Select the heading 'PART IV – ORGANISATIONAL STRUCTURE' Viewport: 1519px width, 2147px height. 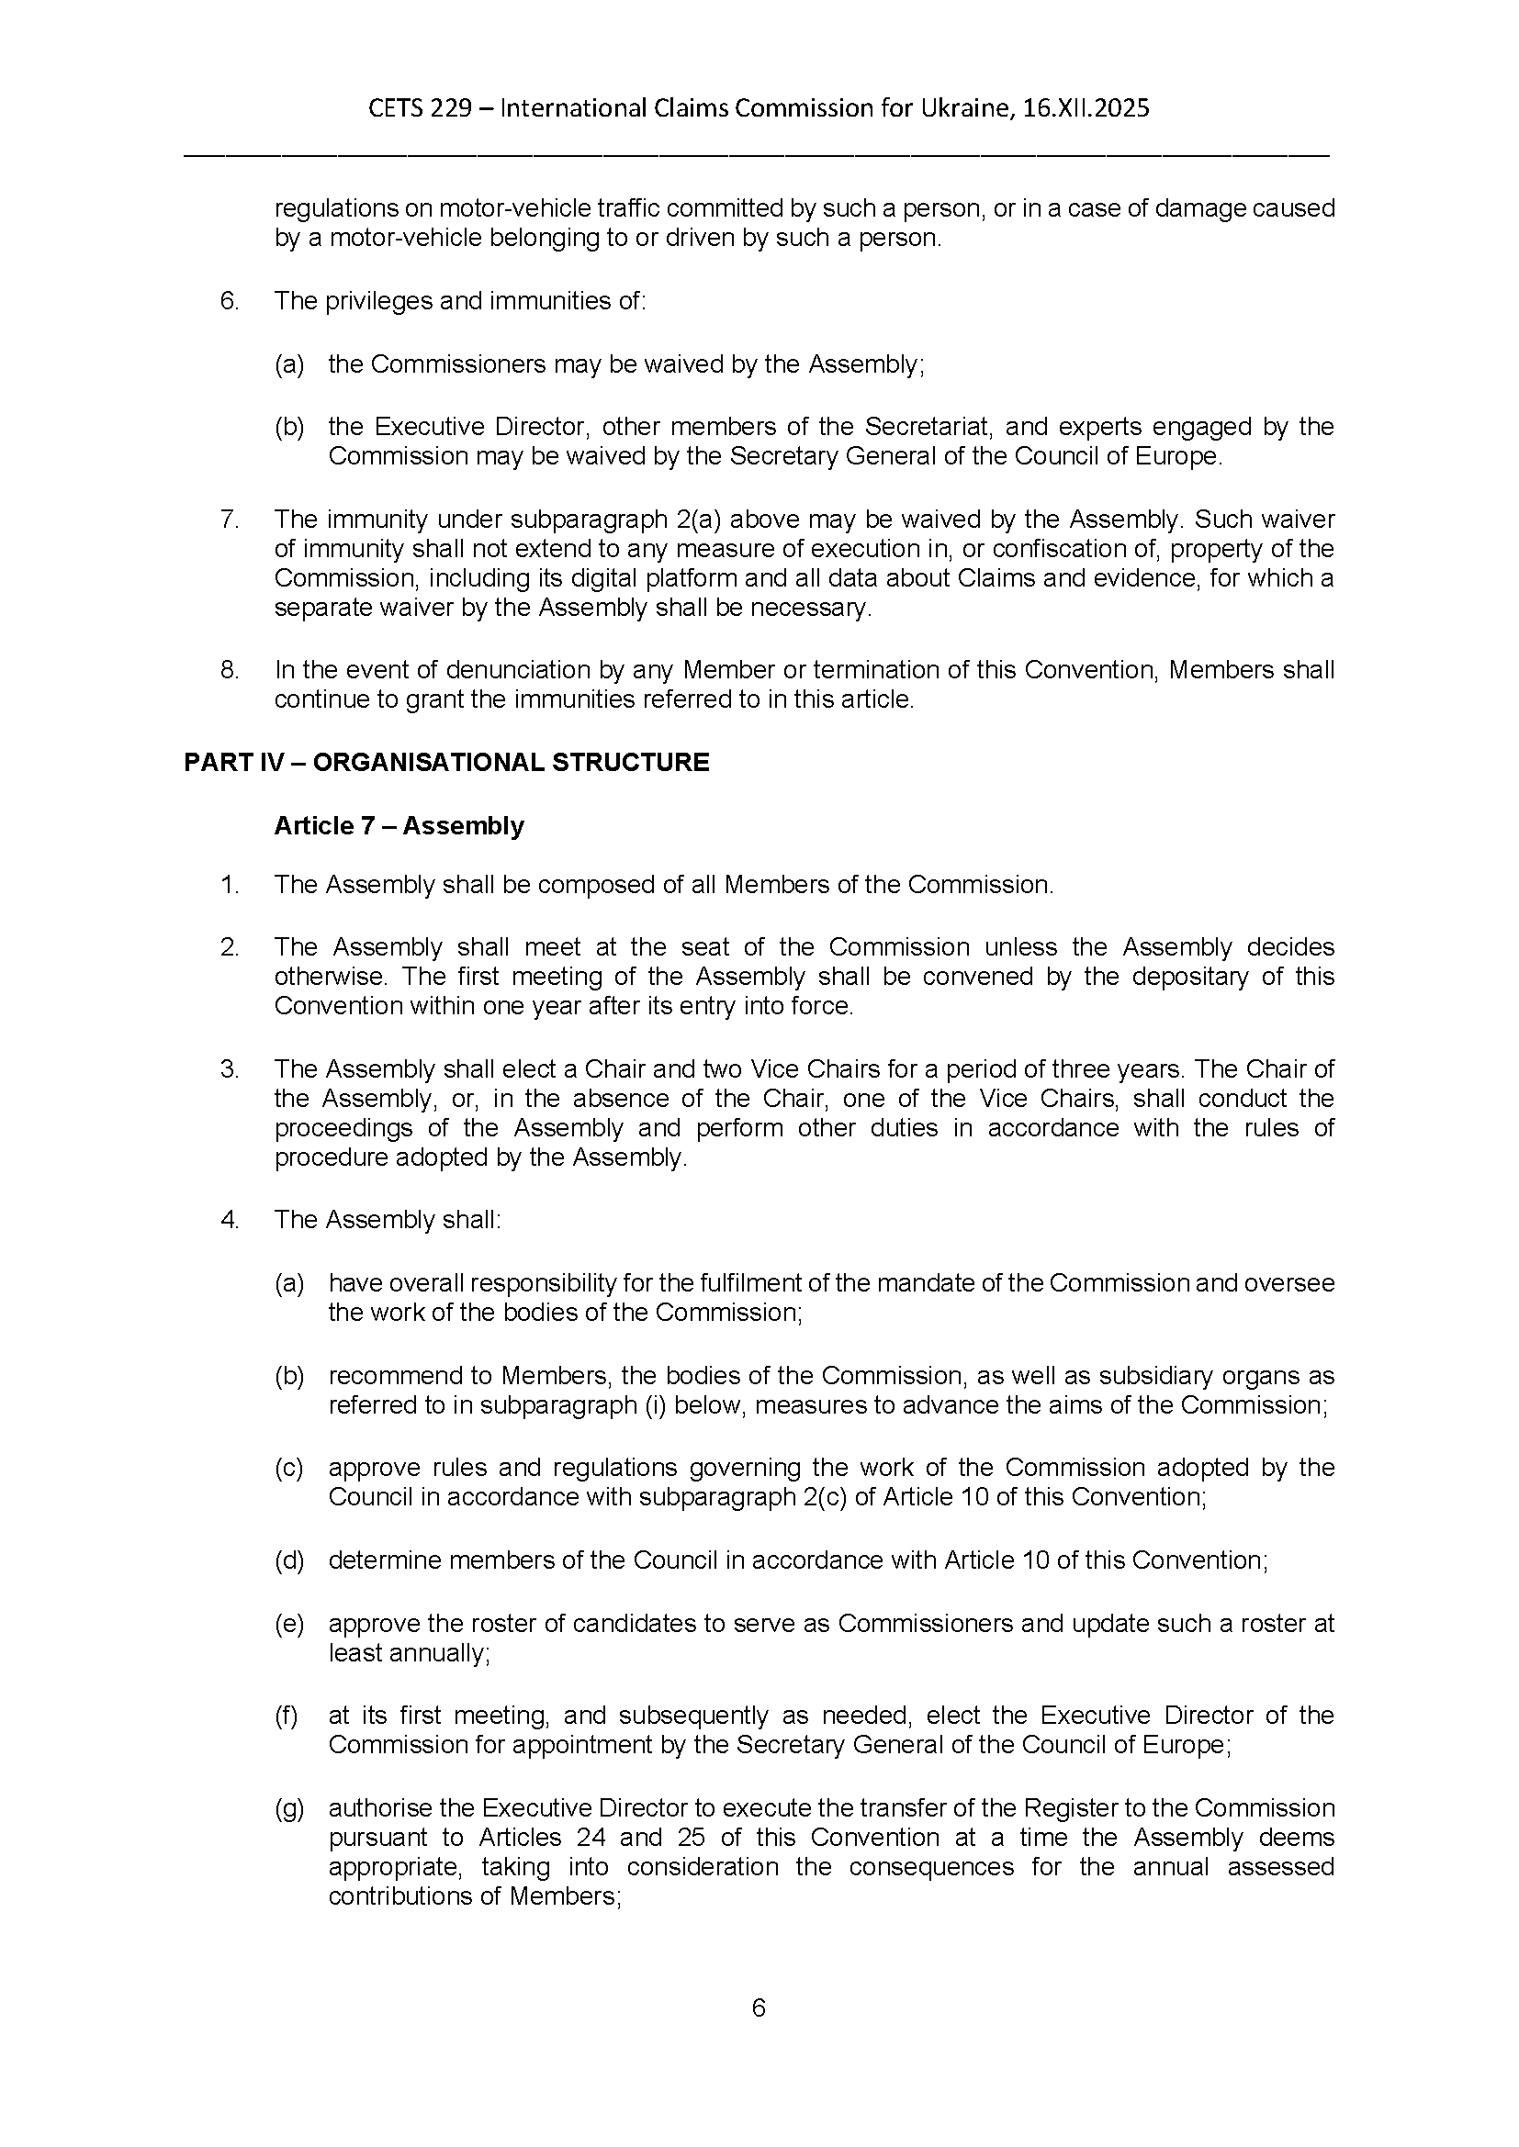[x=446, y=762]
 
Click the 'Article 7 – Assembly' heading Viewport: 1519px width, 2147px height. [x=399, y=826]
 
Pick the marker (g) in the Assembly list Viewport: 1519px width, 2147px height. [x=289, y=1808]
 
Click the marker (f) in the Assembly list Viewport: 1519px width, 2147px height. [x=287, y=1716]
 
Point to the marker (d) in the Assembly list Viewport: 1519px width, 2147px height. [x=289, y=1560]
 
